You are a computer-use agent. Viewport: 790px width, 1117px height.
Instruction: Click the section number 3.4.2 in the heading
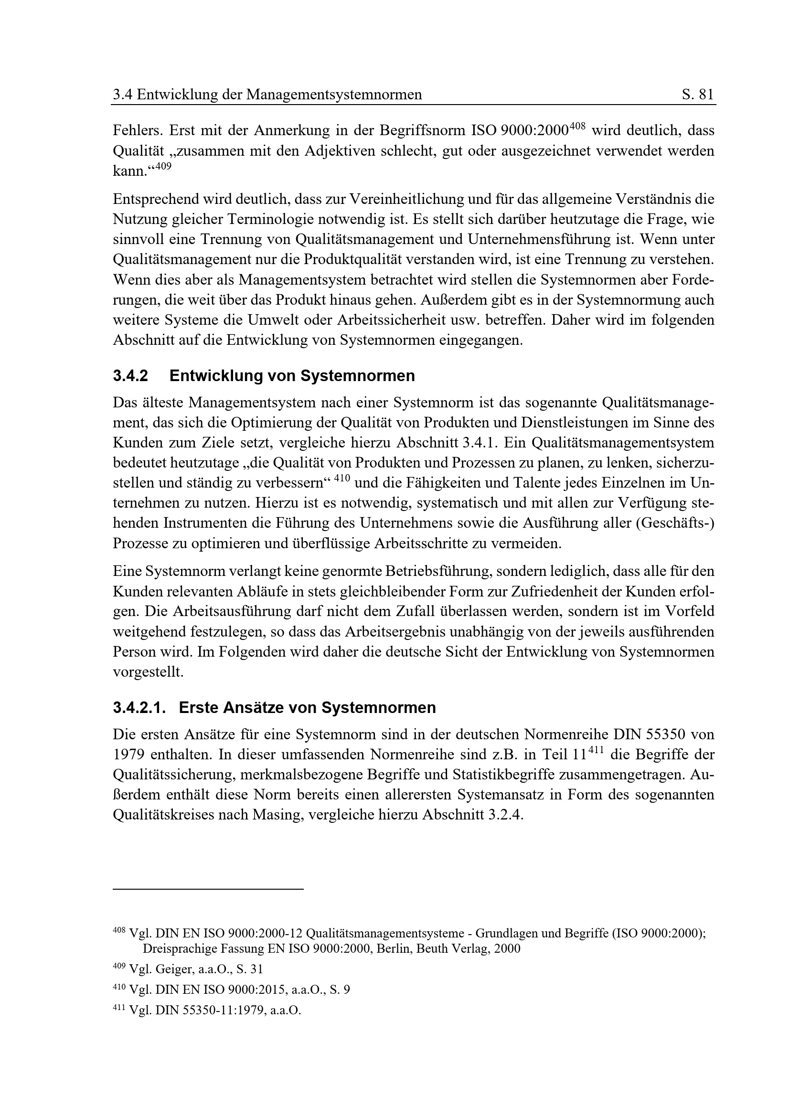130,376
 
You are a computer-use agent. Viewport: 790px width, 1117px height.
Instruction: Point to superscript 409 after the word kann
164,166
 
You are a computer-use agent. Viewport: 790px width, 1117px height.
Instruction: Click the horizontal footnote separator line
208,890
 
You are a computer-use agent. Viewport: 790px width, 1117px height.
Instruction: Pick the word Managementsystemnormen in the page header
334,95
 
